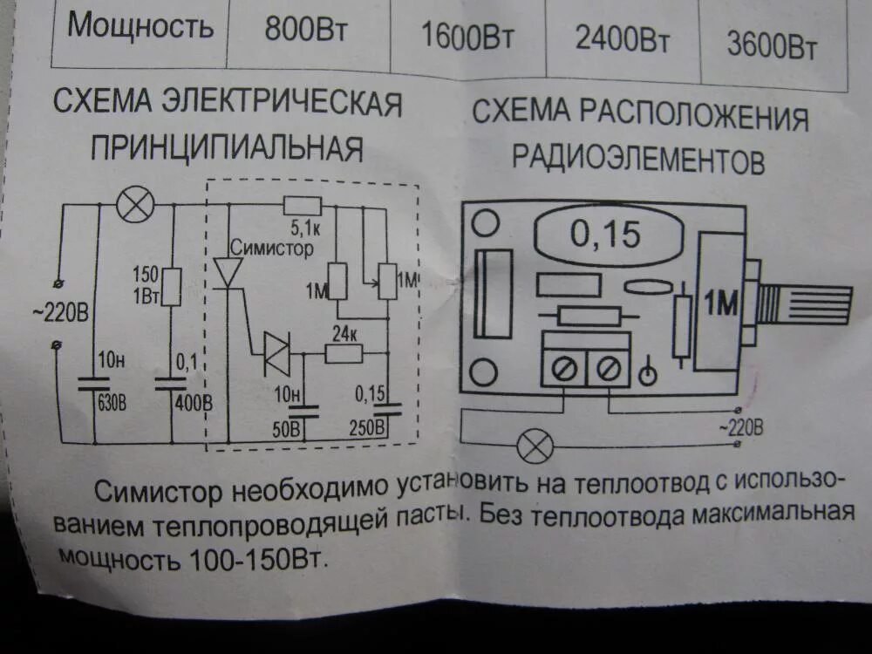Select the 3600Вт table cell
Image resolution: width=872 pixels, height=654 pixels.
click(x=772, y=47)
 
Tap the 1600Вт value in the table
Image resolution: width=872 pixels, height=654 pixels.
click(x=467, y=37)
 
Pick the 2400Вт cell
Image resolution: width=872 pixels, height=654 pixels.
click(x=619, y=39)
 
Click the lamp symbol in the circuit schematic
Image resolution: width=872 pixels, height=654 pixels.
click(x=135, y=207)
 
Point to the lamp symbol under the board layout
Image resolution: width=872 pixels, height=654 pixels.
click(x=535, y=446)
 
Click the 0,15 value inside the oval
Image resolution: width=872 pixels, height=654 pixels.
click(x=605, y=234)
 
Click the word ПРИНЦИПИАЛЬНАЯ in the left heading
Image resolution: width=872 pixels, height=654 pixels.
click(x=226, y=148)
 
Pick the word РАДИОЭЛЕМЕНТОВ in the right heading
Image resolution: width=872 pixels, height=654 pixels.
click(x=640, y=160)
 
